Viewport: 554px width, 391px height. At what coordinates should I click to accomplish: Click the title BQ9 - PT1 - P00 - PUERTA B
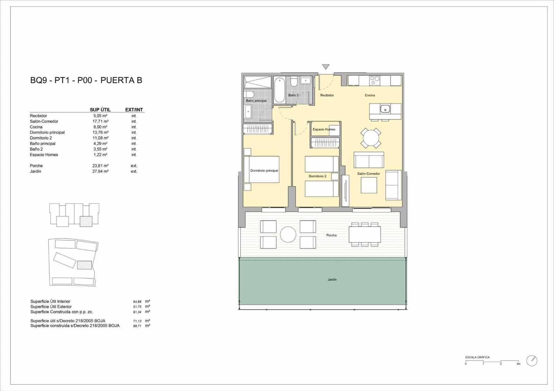(x=86, y=80)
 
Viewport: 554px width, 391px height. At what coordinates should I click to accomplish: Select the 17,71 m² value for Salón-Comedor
(x=100, y=121)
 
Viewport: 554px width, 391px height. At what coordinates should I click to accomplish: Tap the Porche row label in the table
(x=36, y=166)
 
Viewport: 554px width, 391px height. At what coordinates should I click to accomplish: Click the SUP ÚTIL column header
(x=100, y=110)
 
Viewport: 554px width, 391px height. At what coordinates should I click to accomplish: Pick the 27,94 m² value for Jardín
(x=100, y=171)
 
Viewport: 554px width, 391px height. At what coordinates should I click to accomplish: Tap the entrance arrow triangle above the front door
(x=325, y=67)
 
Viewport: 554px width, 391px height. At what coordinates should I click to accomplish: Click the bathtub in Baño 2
(x=279, y=90)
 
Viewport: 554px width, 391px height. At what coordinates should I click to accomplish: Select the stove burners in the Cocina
(x=375, y=81)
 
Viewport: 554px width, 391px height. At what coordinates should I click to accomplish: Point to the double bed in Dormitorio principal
(x=262, y=170)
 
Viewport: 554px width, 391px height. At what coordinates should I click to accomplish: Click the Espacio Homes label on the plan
(x=324, y=129)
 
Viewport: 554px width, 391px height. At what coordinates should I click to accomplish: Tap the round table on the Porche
(x=288, y=235)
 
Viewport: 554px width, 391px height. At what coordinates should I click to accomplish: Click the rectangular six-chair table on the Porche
(x=365, y=235)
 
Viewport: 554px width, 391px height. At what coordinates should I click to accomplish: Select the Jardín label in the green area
(x=332, y=279)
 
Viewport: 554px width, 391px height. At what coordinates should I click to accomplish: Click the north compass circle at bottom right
(x=531, y=361)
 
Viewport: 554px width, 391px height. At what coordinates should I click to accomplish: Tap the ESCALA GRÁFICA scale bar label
(x=477, y=357)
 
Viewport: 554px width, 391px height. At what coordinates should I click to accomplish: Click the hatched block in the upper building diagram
(x=86, y=221)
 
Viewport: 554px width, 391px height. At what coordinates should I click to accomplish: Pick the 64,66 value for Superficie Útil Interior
(x=137, y=302)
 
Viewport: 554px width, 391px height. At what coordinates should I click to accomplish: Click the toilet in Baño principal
(x=249, y=94)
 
